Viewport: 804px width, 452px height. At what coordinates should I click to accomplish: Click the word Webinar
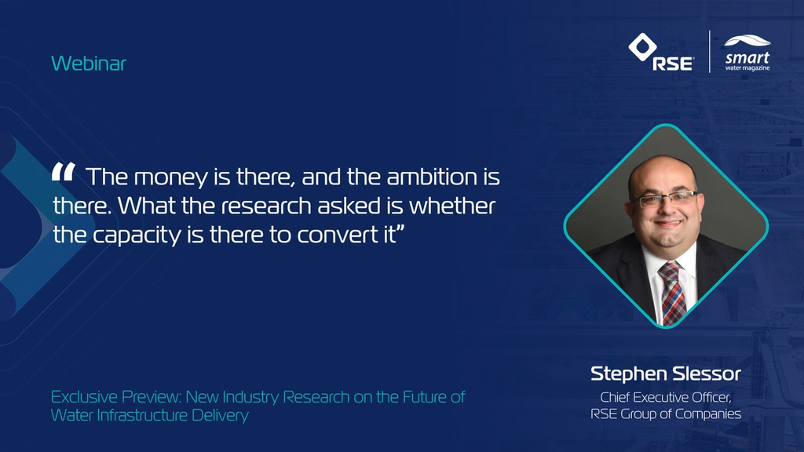(89, 64)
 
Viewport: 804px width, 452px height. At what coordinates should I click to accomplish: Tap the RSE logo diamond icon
(642, 46)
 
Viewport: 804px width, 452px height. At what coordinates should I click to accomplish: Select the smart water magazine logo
(747, 53)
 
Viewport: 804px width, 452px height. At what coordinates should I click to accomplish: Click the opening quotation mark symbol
(64, 172)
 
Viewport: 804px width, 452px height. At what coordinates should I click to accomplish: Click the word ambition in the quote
(432, 177)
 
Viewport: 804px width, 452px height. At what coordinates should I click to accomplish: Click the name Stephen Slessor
(666, 374)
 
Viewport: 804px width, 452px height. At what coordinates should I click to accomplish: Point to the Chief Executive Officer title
(666, 398)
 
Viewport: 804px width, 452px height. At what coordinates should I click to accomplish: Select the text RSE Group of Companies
(666, 414)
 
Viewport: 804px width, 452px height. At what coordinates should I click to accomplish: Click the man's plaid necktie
(672, 292)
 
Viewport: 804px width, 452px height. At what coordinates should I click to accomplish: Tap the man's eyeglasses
(666, 199)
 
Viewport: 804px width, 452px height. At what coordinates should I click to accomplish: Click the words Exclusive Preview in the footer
(116, 397)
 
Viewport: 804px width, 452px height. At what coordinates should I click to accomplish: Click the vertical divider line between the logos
(710, 51)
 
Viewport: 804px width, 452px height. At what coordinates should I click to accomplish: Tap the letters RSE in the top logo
(672, 64)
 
